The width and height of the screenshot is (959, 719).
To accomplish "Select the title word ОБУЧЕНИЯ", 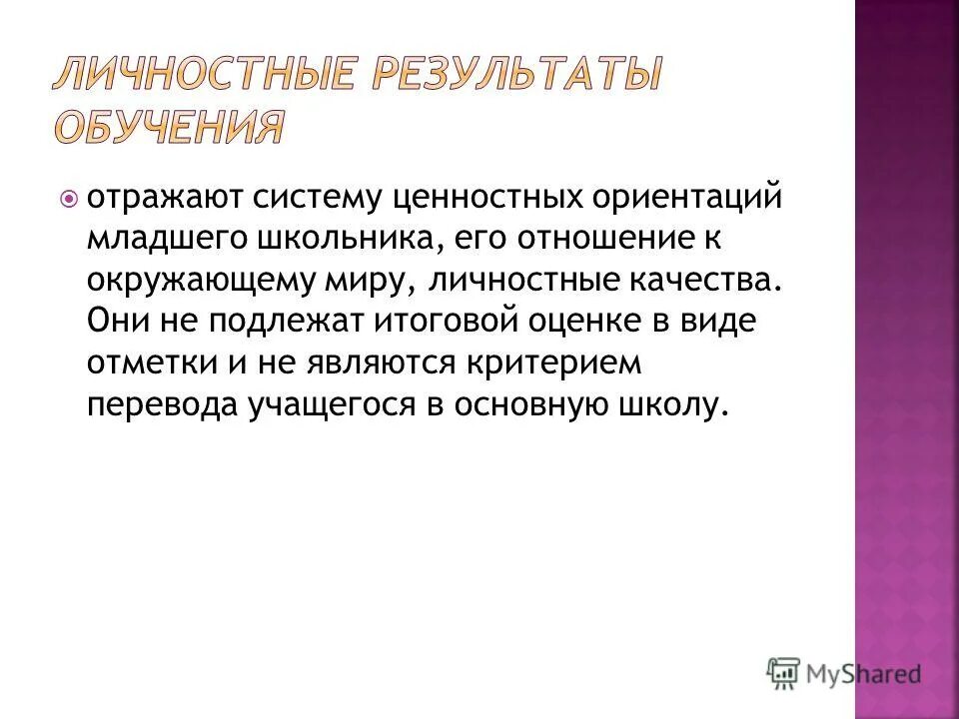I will [167, 127].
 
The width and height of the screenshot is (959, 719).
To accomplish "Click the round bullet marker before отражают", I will [69, 199].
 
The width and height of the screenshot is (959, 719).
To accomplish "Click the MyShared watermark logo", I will [844, 675].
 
